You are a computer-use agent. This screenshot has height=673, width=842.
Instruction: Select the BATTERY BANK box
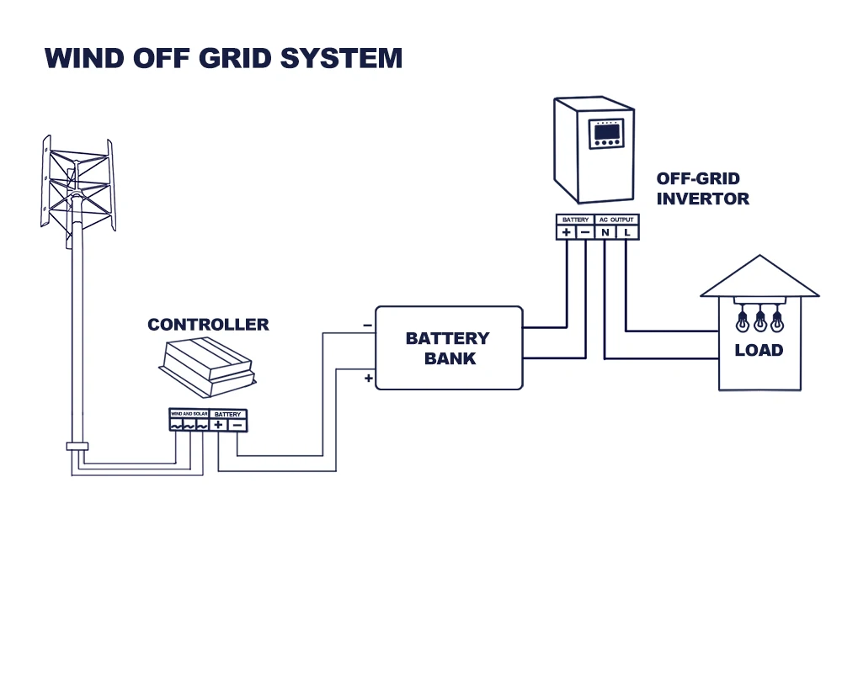pos(448,348)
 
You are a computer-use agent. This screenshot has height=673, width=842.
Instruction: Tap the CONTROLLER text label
pos(208,325)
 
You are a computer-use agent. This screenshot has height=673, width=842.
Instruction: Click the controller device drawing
pos(207,368)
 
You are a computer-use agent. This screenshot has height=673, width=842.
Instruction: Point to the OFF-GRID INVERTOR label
pos(702,189)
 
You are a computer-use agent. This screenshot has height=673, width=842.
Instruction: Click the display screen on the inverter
pos(607,132)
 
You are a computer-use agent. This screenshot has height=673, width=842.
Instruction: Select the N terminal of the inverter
pos(605,232)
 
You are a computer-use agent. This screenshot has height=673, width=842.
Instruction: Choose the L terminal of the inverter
pos(627,232)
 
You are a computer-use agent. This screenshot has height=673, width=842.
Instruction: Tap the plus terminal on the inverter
pos(566,232)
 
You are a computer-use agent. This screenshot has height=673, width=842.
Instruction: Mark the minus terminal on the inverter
pos(586,232)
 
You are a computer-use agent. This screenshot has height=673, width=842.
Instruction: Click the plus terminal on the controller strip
pos(218,426)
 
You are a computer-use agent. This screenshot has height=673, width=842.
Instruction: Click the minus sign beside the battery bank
pos(367,325)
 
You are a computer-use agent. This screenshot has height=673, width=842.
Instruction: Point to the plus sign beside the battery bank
pos(368,379)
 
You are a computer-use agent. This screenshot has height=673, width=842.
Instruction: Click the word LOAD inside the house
pos(759,350)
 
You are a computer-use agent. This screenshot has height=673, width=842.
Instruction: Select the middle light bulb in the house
pos(760,321)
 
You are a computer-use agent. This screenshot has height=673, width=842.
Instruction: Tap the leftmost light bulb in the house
pos(743,321)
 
